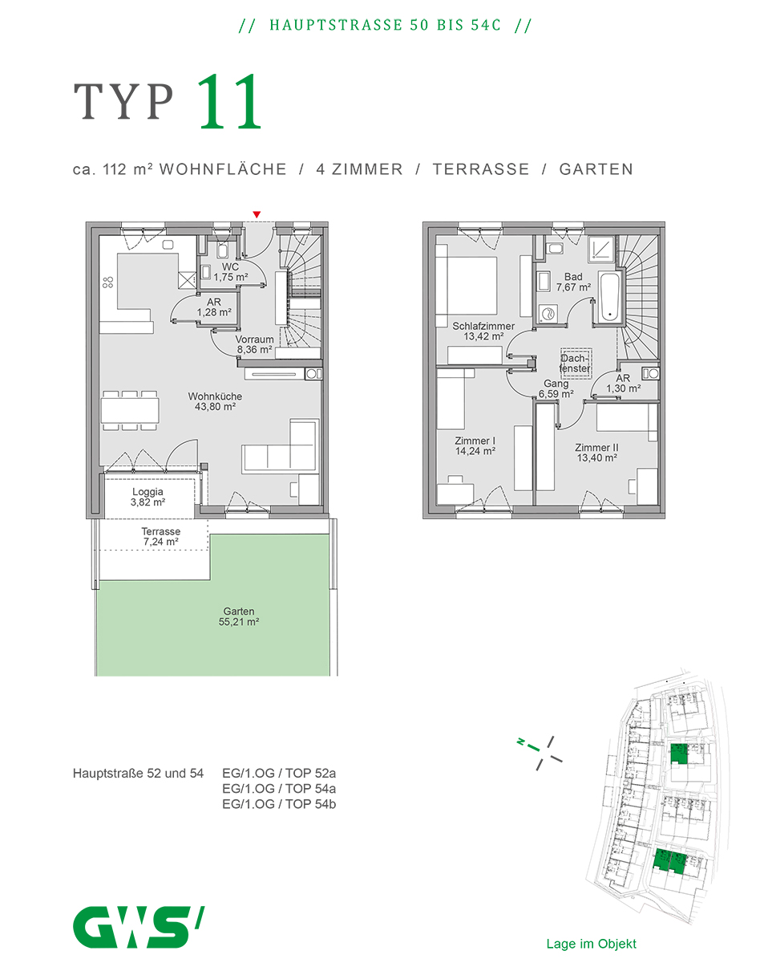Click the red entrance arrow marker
coord(257,214)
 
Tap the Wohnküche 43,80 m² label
coord(215,401)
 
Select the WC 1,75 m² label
coord(230,272)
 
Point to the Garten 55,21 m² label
coord(239,616)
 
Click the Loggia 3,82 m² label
coord(148,497)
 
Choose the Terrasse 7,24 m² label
coord(161,537)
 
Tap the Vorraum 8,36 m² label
coord(254,344)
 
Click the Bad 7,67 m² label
coord(573,282)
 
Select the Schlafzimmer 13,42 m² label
coord(483,331)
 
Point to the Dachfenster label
coord(575,364)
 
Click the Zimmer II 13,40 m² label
coord(596,453)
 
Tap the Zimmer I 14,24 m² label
coord(475,445)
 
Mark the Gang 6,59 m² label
coord(556,389)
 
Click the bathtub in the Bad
coord(609,297)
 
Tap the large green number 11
coord(229,101)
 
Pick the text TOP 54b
coord(310,803)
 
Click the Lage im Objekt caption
coord(591,945)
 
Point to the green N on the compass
coord(521,742)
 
